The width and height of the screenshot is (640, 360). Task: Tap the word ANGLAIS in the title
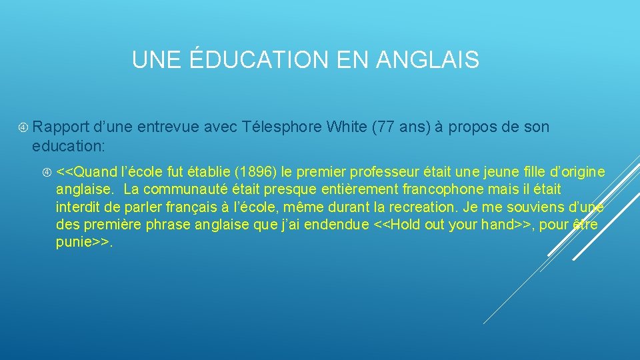pos(427,60)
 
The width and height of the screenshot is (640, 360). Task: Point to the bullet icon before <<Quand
pos(47,173)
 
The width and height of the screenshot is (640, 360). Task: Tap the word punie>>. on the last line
pos(85,242)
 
